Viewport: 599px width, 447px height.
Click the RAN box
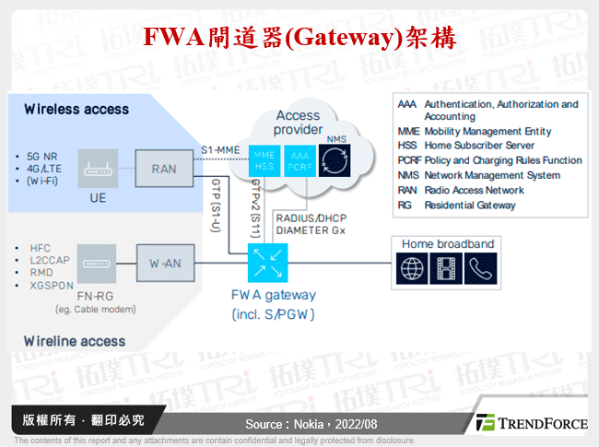click(x=163, y=169)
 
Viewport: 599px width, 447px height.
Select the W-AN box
click(x=163, y=264)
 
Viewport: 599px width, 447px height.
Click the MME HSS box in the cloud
click(x=264, y=160)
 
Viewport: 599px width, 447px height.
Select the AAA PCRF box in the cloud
click(x=299, y=160)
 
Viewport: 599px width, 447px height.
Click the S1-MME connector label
click(x=220, y=149)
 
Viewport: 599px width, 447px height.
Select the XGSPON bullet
click(x=51, y=287)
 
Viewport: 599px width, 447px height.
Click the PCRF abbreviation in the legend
click(x=409, y=160)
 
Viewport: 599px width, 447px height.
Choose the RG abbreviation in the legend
click(x=405, y=205)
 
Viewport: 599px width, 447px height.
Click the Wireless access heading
click(x=76, y=109)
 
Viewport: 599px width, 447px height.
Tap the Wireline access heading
click(x=75, y=341)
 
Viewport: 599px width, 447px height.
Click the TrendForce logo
click(x=531, y=423)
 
